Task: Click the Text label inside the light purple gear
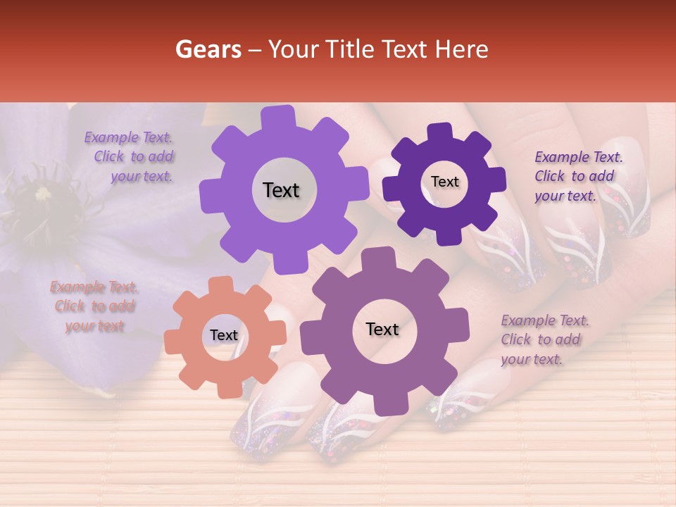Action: (x=281, y=190)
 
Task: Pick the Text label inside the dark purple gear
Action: (x=444, y=182)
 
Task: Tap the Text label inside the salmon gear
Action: (x=224, y=336)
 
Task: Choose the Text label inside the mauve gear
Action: (x=382, y=329)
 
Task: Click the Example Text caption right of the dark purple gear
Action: (x=576, y=176)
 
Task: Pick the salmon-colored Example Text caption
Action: (x=94, y=306)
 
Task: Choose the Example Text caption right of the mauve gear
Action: (x=544, y=339)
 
